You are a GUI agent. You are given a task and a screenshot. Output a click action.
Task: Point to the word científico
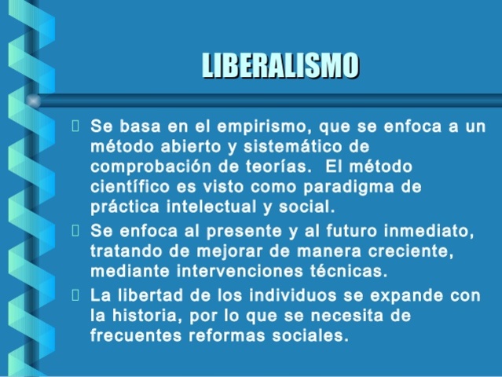pyautogui.click(x=128, y=188)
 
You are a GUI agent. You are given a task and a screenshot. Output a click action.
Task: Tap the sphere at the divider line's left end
pyautogui.click(x=33, y=100)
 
